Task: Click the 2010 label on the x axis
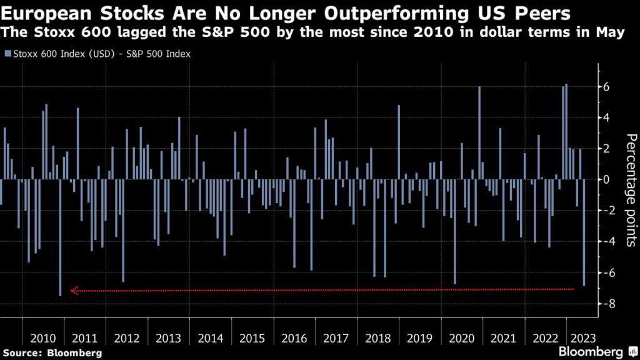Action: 42,338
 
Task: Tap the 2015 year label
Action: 252,338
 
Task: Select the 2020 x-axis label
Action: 462,338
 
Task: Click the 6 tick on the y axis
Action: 604,87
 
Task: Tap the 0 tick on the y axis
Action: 604,180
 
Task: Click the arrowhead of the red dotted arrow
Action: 74,291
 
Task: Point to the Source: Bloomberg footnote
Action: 51,353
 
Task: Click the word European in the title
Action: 44,13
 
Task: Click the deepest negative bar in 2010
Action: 60,237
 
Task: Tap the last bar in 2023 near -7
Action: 584,232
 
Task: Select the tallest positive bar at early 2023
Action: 567,132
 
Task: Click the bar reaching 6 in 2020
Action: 479,133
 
